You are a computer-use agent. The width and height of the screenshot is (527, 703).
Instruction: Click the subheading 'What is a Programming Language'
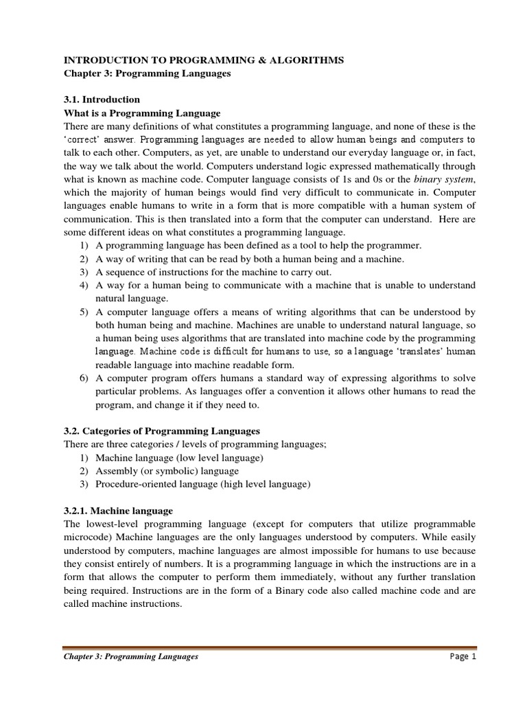[141, 113]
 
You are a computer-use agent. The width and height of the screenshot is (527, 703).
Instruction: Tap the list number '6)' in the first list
[84, 379]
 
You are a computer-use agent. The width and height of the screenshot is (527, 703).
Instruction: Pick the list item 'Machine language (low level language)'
[179, 457]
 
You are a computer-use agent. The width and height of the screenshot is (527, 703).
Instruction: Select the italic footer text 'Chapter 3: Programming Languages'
[130, 656]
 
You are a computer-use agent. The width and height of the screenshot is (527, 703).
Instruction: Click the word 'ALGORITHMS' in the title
[305, 61]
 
